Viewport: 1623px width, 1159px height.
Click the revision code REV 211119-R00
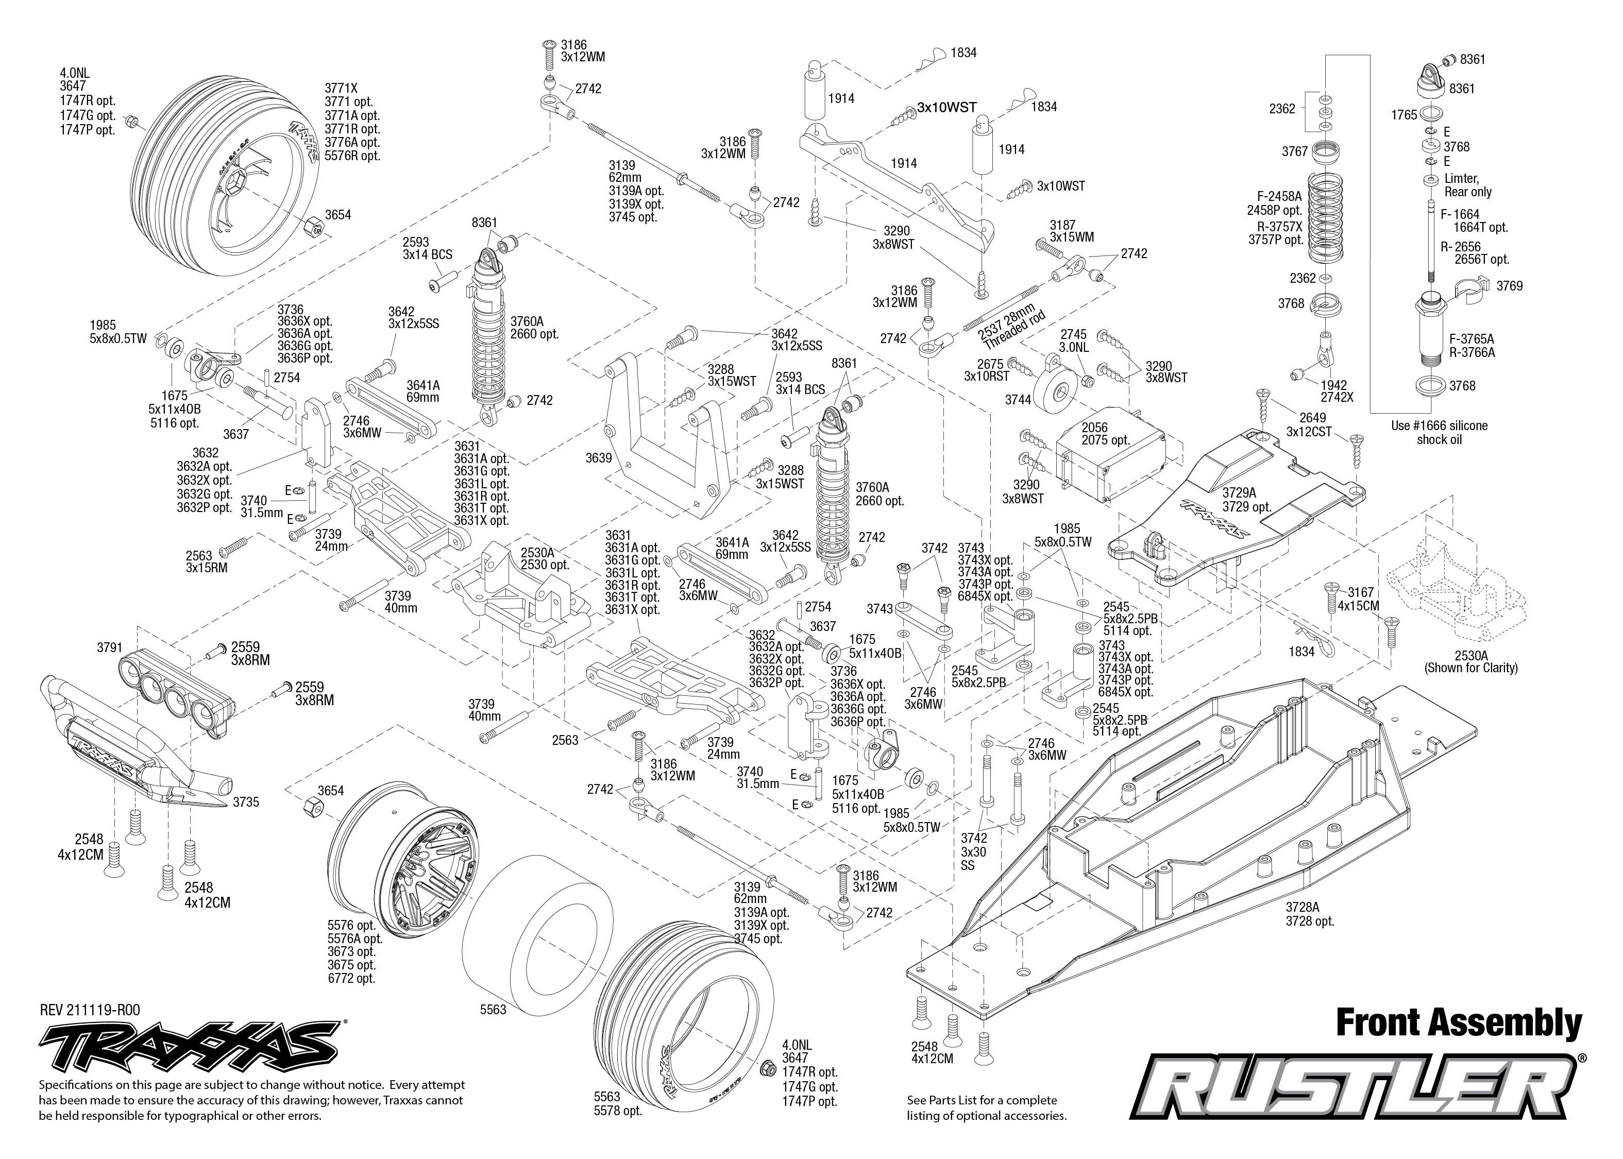point(90,1010)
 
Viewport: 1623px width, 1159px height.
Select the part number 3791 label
point(110,648)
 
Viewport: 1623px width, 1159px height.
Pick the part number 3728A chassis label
point(1303,907)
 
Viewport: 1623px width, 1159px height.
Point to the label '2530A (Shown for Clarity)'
point(1471,661)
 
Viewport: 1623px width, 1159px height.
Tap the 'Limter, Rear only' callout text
point(1468,185)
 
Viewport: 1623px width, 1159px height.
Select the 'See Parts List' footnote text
point(986,1107)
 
